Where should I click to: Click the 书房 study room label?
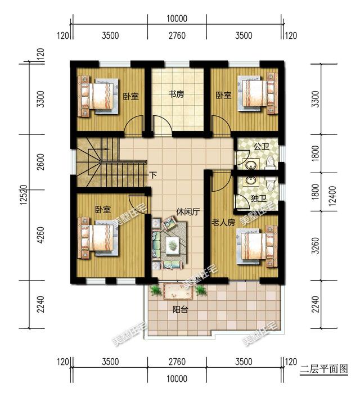tap(177, 95)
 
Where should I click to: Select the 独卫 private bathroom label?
tap(259, 198)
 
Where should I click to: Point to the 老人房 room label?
tap(223, 223)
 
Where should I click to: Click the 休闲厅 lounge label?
tap(188, 213)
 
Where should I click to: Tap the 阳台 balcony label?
tap(180, 309)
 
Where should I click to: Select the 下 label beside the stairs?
tap(153, 175)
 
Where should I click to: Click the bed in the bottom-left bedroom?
tap(99, 238)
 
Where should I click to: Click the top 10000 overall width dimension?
tap(177, 18)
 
